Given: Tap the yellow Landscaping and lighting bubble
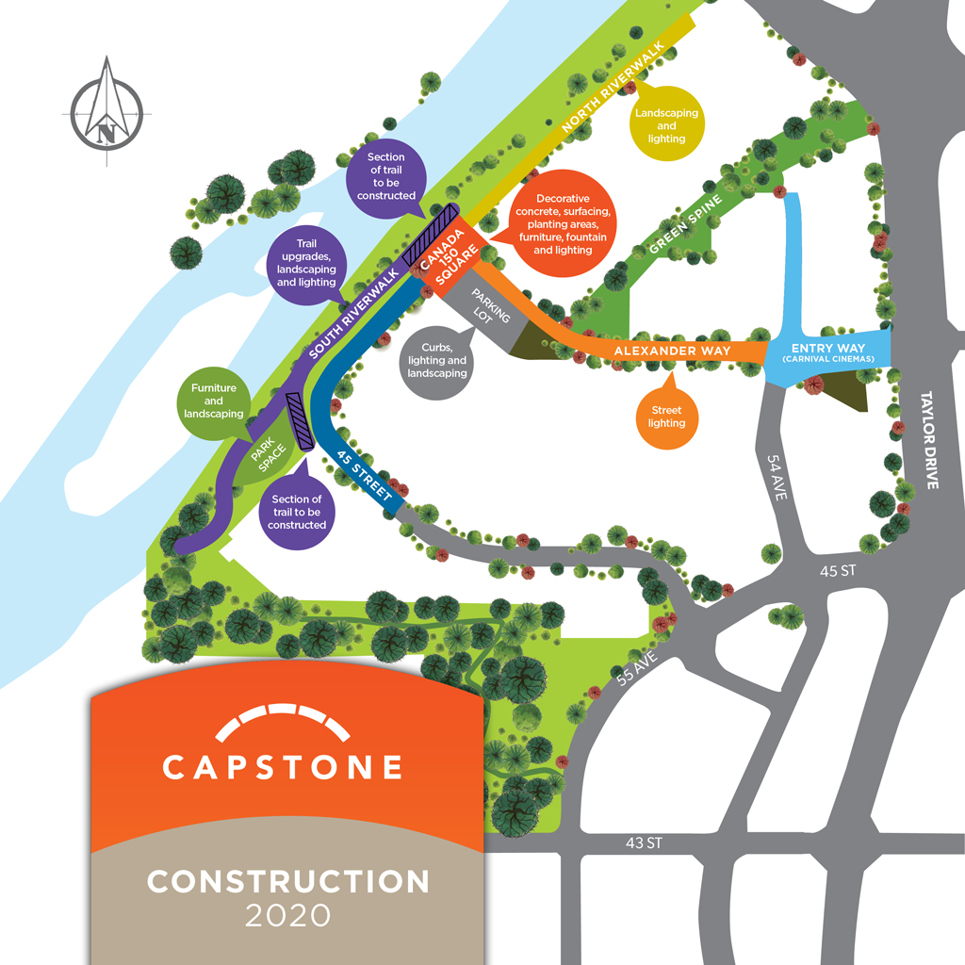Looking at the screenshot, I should point(666,125).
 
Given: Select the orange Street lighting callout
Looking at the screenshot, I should point(667,417).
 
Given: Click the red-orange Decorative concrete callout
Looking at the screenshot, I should point(562,225).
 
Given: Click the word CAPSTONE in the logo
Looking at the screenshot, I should point(283,766).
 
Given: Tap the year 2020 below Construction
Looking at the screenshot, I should point(288,914).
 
